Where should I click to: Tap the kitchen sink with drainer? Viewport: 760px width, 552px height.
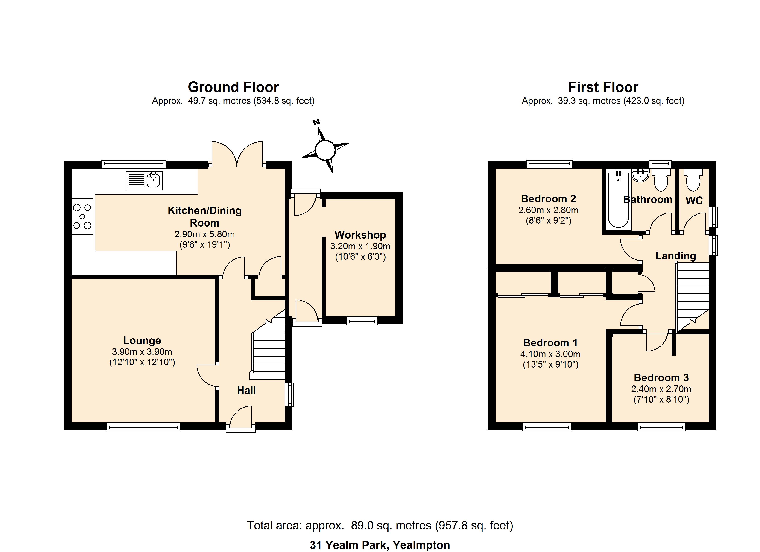pyautogui.click(x=144, y=181)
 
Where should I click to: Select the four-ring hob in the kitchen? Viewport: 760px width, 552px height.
pyautogui.click(x=82, y=217)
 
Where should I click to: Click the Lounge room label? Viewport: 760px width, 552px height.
pyautogui.click(x=142, y=340)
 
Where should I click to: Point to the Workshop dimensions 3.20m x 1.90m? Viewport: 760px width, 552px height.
pyautogui.click(x=360, y=246)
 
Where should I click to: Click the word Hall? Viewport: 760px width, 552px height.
pyautogui.click(x=246, y=390)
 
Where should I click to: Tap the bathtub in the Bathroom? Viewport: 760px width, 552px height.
pyautogui.click(x=618, y=199)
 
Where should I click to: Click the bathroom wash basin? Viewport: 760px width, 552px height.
pyautogui.click(x=640, y=175)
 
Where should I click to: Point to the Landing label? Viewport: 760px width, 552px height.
pyautogui.click(x=675, y=256)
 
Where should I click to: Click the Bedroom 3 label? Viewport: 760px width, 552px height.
pyautogui.click(x=661, y=378)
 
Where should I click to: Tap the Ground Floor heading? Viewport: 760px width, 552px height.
pyautogui.click(x=233, y=87)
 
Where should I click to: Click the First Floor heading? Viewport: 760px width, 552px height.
pyautogui.click(x=603, y=87)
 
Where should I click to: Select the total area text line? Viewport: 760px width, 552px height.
pyautogui.click(x=380, y=526)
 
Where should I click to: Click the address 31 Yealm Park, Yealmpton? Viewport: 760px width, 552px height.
pyautogui.click(x=380, y=545)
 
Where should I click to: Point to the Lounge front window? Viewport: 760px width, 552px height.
pyautogui.click(x=143, y=426)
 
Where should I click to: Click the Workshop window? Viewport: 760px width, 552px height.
pyautogui.click(x=362, y=320)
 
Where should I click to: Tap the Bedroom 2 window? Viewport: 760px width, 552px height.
pyautogui.click(x=549, y=164)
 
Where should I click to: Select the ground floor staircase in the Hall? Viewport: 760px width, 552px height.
pyautogui.click(x=268, y=348)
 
